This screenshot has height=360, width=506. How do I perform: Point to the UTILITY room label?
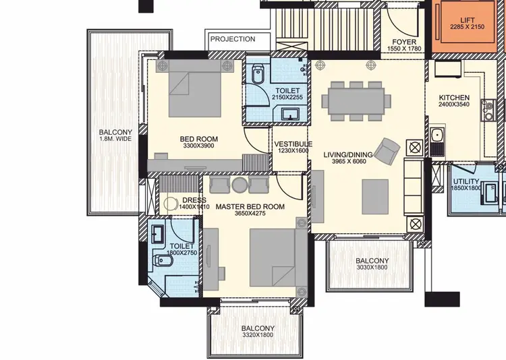point(466,182)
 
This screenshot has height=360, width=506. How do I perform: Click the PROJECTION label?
point(233,40)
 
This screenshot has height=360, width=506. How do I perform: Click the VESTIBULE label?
point(292,144)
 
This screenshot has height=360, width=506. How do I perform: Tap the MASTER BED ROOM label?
point(250,207)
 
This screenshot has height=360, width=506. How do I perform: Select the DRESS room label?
point(194,200)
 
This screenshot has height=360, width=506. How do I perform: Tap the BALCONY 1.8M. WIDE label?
point(115,132)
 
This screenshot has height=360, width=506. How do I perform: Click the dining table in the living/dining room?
point(355,100)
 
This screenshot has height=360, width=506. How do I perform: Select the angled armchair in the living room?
point(387,150)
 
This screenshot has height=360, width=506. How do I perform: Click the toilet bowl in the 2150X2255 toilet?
point(256,76)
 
